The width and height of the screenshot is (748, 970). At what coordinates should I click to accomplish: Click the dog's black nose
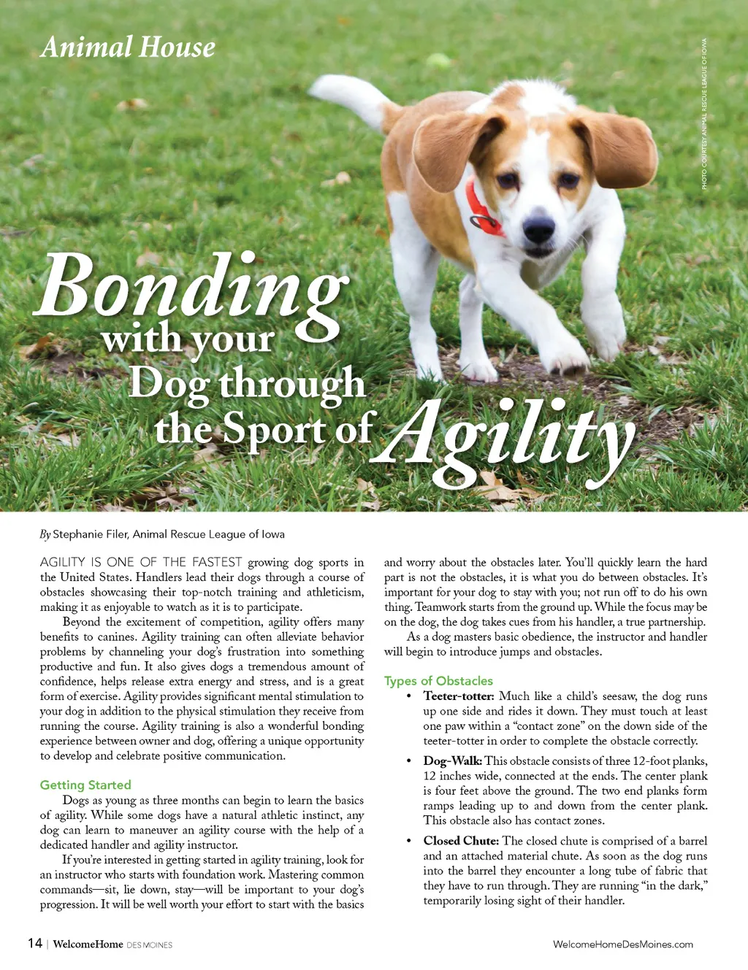pyautogui.click(x=539, y=229)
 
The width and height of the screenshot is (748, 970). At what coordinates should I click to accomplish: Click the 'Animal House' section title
pyautogui.click(x=129, y=47)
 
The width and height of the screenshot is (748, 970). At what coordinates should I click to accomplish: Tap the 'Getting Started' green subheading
pyautogui.click(x=85, y=785)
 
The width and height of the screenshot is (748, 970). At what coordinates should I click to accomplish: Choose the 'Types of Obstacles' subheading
pyautogui.click(x=438, y=681)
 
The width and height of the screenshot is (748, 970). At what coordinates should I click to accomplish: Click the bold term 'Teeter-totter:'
pyautogui.click(x=459, y=696)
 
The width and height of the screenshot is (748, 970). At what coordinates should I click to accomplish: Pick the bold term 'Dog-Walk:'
pyautogui.click(x=452, y=761)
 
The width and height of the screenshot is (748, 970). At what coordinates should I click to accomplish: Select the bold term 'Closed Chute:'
pyautogui.click(x=461, y=841)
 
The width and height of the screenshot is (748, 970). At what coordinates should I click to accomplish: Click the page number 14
pyautogui.click(x=34, y=943)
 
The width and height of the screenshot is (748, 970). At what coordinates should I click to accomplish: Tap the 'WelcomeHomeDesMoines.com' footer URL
pyautogui.click(x=623, y=944)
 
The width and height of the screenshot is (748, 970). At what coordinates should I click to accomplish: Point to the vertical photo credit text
pyautogui.click(x=704, y=114)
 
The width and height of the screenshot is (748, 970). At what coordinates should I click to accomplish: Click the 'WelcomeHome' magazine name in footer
pyautogui.click(x=88, y=944)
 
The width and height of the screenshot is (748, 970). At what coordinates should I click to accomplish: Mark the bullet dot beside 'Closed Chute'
pyautogui.click(x=408, y=842)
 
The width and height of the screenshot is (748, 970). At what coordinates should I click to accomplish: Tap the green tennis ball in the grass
pyautogui.click(x=440, y=61)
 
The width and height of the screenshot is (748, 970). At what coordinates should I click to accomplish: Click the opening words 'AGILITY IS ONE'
pyautogui.click(x=88, y=563)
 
